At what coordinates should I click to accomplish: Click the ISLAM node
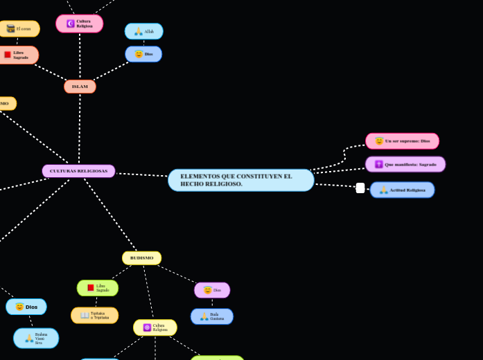[x=80, y=87]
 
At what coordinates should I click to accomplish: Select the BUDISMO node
[x=141, y=258]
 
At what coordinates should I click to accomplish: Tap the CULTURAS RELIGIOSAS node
[x=78, y=171]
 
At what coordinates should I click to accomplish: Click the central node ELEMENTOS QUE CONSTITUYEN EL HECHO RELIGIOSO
[x=240, y=180]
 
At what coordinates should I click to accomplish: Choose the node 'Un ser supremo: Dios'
[x=402, y=141]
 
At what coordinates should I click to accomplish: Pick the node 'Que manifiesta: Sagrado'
[x=405, y=164]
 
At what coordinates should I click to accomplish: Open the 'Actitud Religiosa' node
[x=402, y=190]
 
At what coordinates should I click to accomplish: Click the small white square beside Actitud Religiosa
[x=360, y=188]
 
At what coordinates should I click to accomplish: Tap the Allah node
[x=143, y=31]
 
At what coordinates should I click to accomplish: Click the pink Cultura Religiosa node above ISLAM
[x=80, y=24]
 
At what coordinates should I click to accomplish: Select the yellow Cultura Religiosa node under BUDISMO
[x=155, y=327]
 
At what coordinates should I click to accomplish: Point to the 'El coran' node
[x=19, y=28]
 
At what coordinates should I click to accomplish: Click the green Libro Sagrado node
[x=98, y=288]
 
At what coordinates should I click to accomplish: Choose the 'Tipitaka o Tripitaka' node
[x=95, y=316]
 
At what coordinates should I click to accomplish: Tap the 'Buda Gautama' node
[x=212, y=316]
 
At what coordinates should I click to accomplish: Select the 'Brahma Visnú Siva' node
[x=36, y=338]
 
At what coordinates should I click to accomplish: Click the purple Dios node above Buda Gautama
[x=212, y=290]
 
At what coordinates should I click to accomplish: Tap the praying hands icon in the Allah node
[x=138, y=31]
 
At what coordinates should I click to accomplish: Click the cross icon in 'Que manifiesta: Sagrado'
[x=379, y=164]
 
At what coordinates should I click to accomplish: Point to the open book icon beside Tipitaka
[x=85, y=316]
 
